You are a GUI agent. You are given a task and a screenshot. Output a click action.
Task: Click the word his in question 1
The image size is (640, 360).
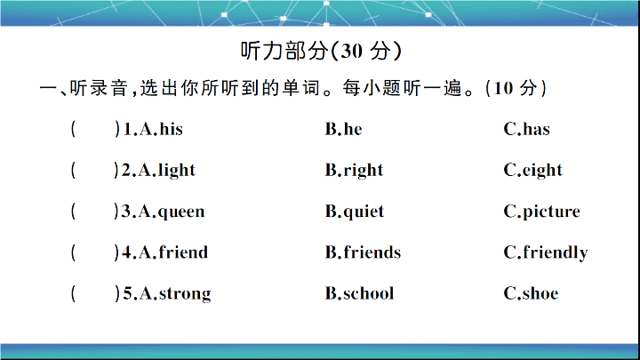(x=171, y=129)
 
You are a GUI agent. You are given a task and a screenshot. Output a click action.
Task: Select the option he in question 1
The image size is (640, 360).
(x=353, y=129)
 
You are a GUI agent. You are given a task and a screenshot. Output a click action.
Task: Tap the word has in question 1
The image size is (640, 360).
(x=536, y=129)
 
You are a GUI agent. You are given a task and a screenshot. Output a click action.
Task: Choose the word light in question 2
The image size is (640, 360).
(x=177, y=171)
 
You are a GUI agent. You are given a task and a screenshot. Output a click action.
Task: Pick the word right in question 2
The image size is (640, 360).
(x=364, y=171)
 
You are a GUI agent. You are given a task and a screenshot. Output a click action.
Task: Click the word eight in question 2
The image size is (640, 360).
(x=542, y=171)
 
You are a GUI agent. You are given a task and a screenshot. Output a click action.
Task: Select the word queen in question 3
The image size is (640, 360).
(x=181, y=212)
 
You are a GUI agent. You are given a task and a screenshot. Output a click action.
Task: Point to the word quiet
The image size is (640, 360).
(x=364, y=212)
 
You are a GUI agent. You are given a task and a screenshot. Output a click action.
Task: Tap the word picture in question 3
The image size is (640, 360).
(x=551, y=212)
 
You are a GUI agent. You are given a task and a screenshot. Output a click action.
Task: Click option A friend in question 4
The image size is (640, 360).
(x=183, y=252)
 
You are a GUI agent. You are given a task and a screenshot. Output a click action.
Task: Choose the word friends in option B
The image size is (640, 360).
(x=372, y=252)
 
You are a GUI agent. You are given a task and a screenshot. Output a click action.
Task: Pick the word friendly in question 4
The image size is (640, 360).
(x=556, y=253)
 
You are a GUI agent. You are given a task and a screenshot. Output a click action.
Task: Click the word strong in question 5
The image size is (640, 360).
(x=185, y=294)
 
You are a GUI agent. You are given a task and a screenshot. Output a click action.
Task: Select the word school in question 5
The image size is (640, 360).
(x=369, y=293)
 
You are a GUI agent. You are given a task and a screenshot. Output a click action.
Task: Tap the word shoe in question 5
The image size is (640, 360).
(x=540, y=293)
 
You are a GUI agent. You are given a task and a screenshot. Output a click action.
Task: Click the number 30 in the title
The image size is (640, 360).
(x=351, y=52)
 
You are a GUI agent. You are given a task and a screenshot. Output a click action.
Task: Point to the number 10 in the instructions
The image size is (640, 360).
(x=503, y=88)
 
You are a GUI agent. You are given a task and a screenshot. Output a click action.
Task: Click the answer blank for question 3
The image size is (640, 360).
(x=94, y=212)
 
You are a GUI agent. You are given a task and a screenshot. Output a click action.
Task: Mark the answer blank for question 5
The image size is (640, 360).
(x=94, y=293)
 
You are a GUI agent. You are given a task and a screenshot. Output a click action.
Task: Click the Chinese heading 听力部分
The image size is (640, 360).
(x=284, y=51)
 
